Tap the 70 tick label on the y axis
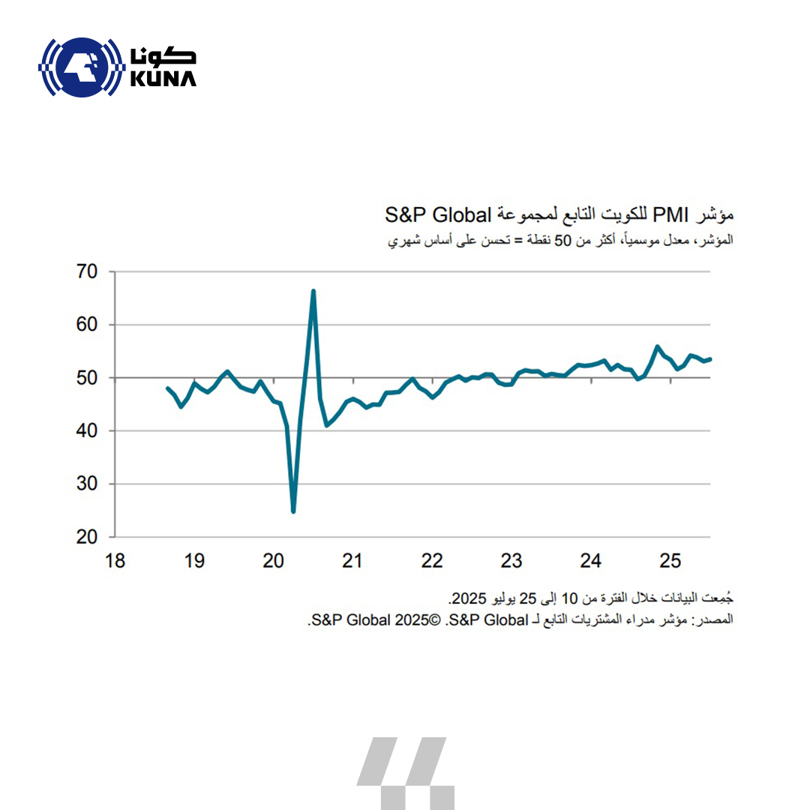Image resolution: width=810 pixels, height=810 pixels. pyautogui.click(x=88, y=271)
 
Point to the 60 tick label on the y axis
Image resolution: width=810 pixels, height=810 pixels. pyautogui.click(x=88, y=325)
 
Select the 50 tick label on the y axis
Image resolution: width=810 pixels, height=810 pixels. pyautogui.click(x=88, y=378)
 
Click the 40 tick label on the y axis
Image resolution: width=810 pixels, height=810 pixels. pyautogui.click(x=88, y=431)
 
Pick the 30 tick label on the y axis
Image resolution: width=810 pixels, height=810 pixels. pyautogui.click(x=88, y=484)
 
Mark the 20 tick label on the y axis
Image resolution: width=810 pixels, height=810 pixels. pyautogui.click(x=88, y=537)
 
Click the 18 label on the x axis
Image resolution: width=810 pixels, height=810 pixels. pyautogui.click(x=115, y=560)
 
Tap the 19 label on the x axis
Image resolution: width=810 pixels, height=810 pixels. pyautogui.click(x=194, y=560)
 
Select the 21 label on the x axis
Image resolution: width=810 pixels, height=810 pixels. pyautogui.click(x=352, y=560)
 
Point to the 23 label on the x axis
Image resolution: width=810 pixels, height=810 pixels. pyautogui.click(x=511, y=560)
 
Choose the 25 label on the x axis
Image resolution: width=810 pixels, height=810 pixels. pyautogui.click(x=670, y=560)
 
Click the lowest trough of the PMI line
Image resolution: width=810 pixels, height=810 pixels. pyautogui.click(x=293, y=511)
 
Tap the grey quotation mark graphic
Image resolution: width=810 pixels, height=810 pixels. pyautogui.click(x=406, y=772)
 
